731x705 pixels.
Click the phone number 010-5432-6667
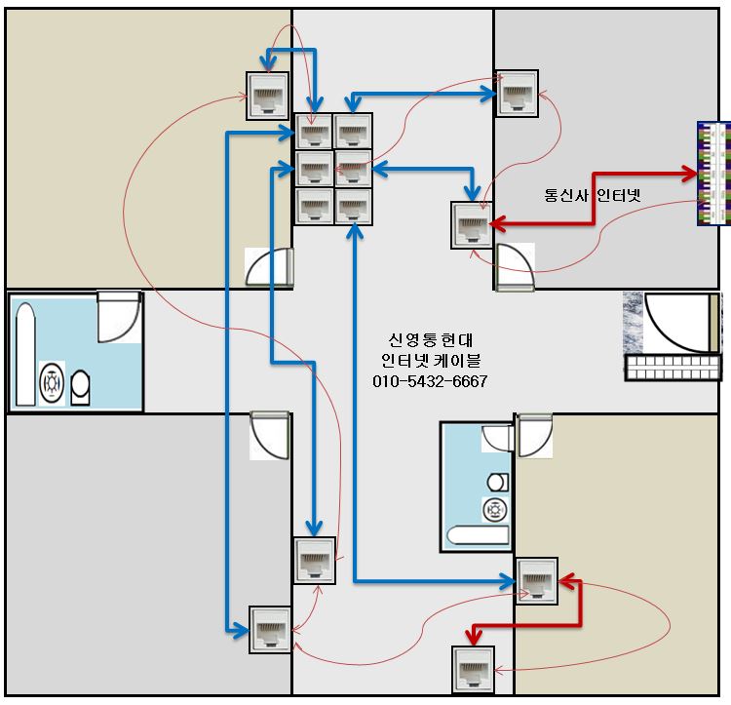click(430, 380)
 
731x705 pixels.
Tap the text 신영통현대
click(430, 340)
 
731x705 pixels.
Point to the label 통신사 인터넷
click(593, 194)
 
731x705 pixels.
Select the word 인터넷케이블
click(430, 361)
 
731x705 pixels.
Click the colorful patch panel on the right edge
click(713, 174)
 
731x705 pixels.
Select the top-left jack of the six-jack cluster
click(314, 132)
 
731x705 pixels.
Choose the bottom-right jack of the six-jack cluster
click(353, 206)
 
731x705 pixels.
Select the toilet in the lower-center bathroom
click(497, 482)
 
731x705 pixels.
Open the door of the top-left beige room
click(270, 266)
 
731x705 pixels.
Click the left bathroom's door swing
click(119, 316)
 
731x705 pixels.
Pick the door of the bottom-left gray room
click(270, 434)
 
